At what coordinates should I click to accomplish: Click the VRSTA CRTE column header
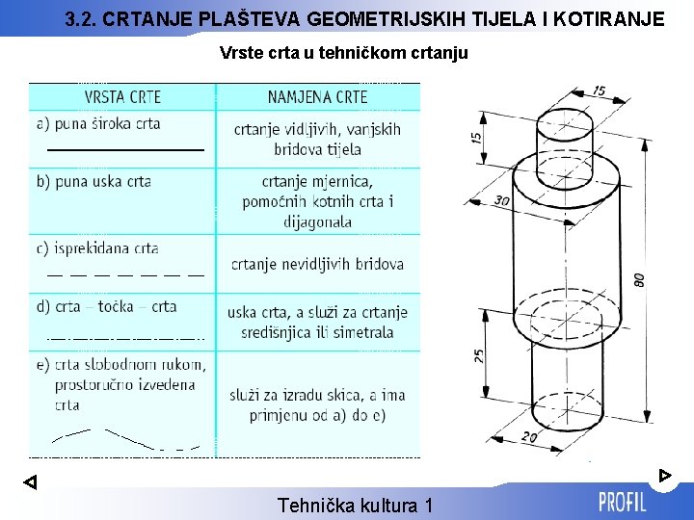[122, 96]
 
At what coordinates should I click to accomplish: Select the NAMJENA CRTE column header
[317, 96]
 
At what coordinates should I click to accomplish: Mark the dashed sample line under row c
[125, 274]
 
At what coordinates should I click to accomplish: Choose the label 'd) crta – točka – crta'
[106, 306]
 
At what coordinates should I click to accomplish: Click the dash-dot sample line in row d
[125, 338]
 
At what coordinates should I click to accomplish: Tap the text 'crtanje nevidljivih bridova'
[317, 264]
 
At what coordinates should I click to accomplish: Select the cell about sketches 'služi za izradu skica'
[317, 405]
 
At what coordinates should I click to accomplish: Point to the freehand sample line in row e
[125, 438]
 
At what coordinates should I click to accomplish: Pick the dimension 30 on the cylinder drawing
[501, 200]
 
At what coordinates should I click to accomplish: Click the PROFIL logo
[623, 502]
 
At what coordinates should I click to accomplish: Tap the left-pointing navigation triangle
[30, 482]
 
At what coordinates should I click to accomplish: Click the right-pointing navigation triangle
[664, 475]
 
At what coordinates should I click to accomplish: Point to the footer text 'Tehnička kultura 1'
[355, 505]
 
